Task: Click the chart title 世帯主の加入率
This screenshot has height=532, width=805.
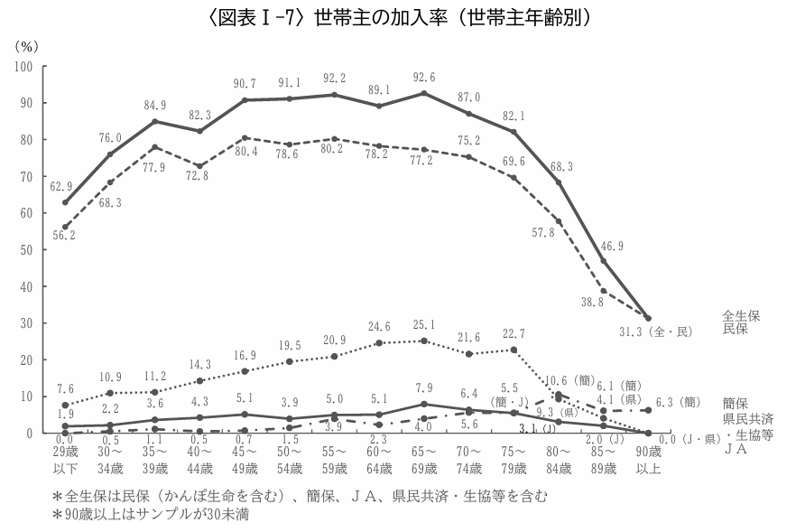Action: click(402, 17)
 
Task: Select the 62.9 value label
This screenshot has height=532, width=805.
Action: click(61, 187)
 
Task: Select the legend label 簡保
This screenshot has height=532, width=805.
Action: click(735, 402)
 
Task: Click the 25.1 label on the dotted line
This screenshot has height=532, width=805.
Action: click(423, 325)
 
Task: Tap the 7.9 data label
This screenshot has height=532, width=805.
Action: click(423, 389)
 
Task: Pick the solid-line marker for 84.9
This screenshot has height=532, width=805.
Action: click(154, 121)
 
